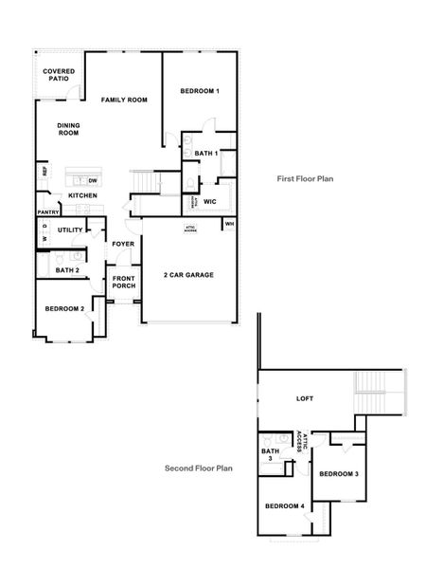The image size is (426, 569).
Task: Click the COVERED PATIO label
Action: click(59, 75)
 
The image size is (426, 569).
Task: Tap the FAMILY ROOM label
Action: click(125, 100)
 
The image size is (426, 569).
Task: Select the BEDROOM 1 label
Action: click(200, 91)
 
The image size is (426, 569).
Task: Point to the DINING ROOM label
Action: click(68, 130)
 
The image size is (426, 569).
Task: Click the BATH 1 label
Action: click(206, 153)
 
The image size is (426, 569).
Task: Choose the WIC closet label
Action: click(210, 201)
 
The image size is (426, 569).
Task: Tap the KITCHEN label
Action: click(82, 195)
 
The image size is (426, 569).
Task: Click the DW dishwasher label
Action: click(93, 179)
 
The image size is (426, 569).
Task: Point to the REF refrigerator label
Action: click(44, 172)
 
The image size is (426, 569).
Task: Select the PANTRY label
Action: click(48, 212)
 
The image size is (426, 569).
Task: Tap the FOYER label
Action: click(123, 244)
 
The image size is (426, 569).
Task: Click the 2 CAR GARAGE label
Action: click(188, 274)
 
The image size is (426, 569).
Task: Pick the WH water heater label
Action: click(229, 224)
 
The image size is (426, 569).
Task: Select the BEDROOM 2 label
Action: click(64, 308)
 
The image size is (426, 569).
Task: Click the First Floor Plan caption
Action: click(305, 177)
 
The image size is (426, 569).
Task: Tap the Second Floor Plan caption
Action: click(199, 468)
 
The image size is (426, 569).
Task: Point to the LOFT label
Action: click(304, 398)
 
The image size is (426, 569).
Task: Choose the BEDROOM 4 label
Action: click(285, 506)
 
